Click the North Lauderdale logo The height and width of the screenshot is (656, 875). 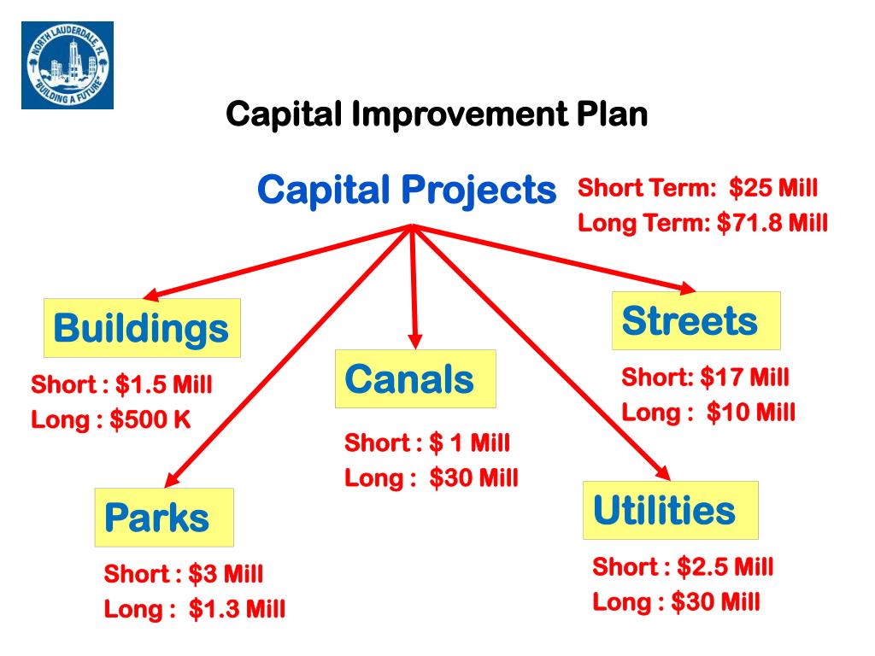pyautogui.click(x=67, y=65)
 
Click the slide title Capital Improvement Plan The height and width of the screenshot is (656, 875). pyautogui.click(x=437, y=114)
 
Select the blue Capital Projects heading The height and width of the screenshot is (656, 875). pyautogui.click(x=407, y=190)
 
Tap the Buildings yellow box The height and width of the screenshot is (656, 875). pyautogui.click(x=142, y=328)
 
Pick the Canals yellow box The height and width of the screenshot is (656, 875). pyautogui.click(x=414, y=378)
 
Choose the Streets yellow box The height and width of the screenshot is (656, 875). pyautogui.click(x=696, y=321)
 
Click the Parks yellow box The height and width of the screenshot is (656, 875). pyautogui.click(x=164, y=518)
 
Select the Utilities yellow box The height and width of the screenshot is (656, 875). pyautogui.click(x=670, y=511)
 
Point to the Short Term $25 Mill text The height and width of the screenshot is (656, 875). pyautogui.click(x=697, y=188)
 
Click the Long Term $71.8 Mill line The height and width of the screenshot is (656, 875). pyautogui.click(x=702, y=224)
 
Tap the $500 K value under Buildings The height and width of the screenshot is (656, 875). pyautogui.click(x=150, y=420)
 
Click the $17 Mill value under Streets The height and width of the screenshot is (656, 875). pyautogui.click(x=743, y=377)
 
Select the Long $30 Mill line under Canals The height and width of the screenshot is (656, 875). pyautogui.click(x=431, y=478)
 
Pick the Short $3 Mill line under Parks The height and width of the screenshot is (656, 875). pyautogui.click(x=183, y=573)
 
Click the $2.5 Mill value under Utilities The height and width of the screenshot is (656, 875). pyautogui.click(x=725, y=566)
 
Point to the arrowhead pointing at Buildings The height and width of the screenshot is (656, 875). pyautogui.click(x=151, y=295)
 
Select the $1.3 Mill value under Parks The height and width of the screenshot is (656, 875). pyautogui.click(x=237, y=609)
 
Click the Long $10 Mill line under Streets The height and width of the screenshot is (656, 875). pyautogui.click(x=708, y=413)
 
